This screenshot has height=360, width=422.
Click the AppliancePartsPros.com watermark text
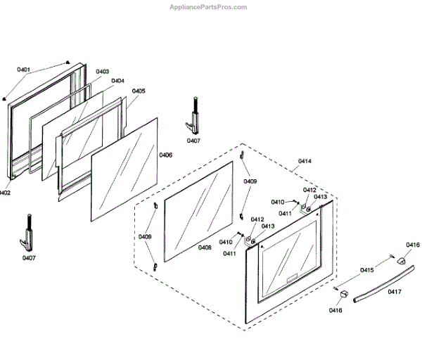[x=210, y=7]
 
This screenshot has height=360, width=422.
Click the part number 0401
[x=24, y=70]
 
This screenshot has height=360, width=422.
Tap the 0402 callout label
[x=4, y=192]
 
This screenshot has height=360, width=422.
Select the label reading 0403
[x=102, y=72]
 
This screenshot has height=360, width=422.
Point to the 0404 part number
[x=117, y=81]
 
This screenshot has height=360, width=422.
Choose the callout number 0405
[x=139, y=91]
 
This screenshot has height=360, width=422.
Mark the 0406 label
[x=165, y=155]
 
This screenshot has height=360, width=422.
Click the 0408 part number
[x=205, y=247]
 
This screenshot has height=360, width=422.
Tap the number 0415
[x=367, y=270]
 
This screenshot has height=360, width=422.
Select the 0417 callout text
[x=395, y=292]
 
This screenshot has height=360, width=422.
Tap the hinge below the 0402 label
[x=28, y=232]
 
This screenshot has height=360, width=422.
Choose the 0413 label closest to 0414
[x=321, y=197]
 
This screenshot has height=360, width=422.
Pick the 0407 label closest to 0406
[x=193, y=141]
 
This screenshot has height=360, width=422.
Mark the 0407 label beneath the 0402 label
[x=28, y=258]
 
